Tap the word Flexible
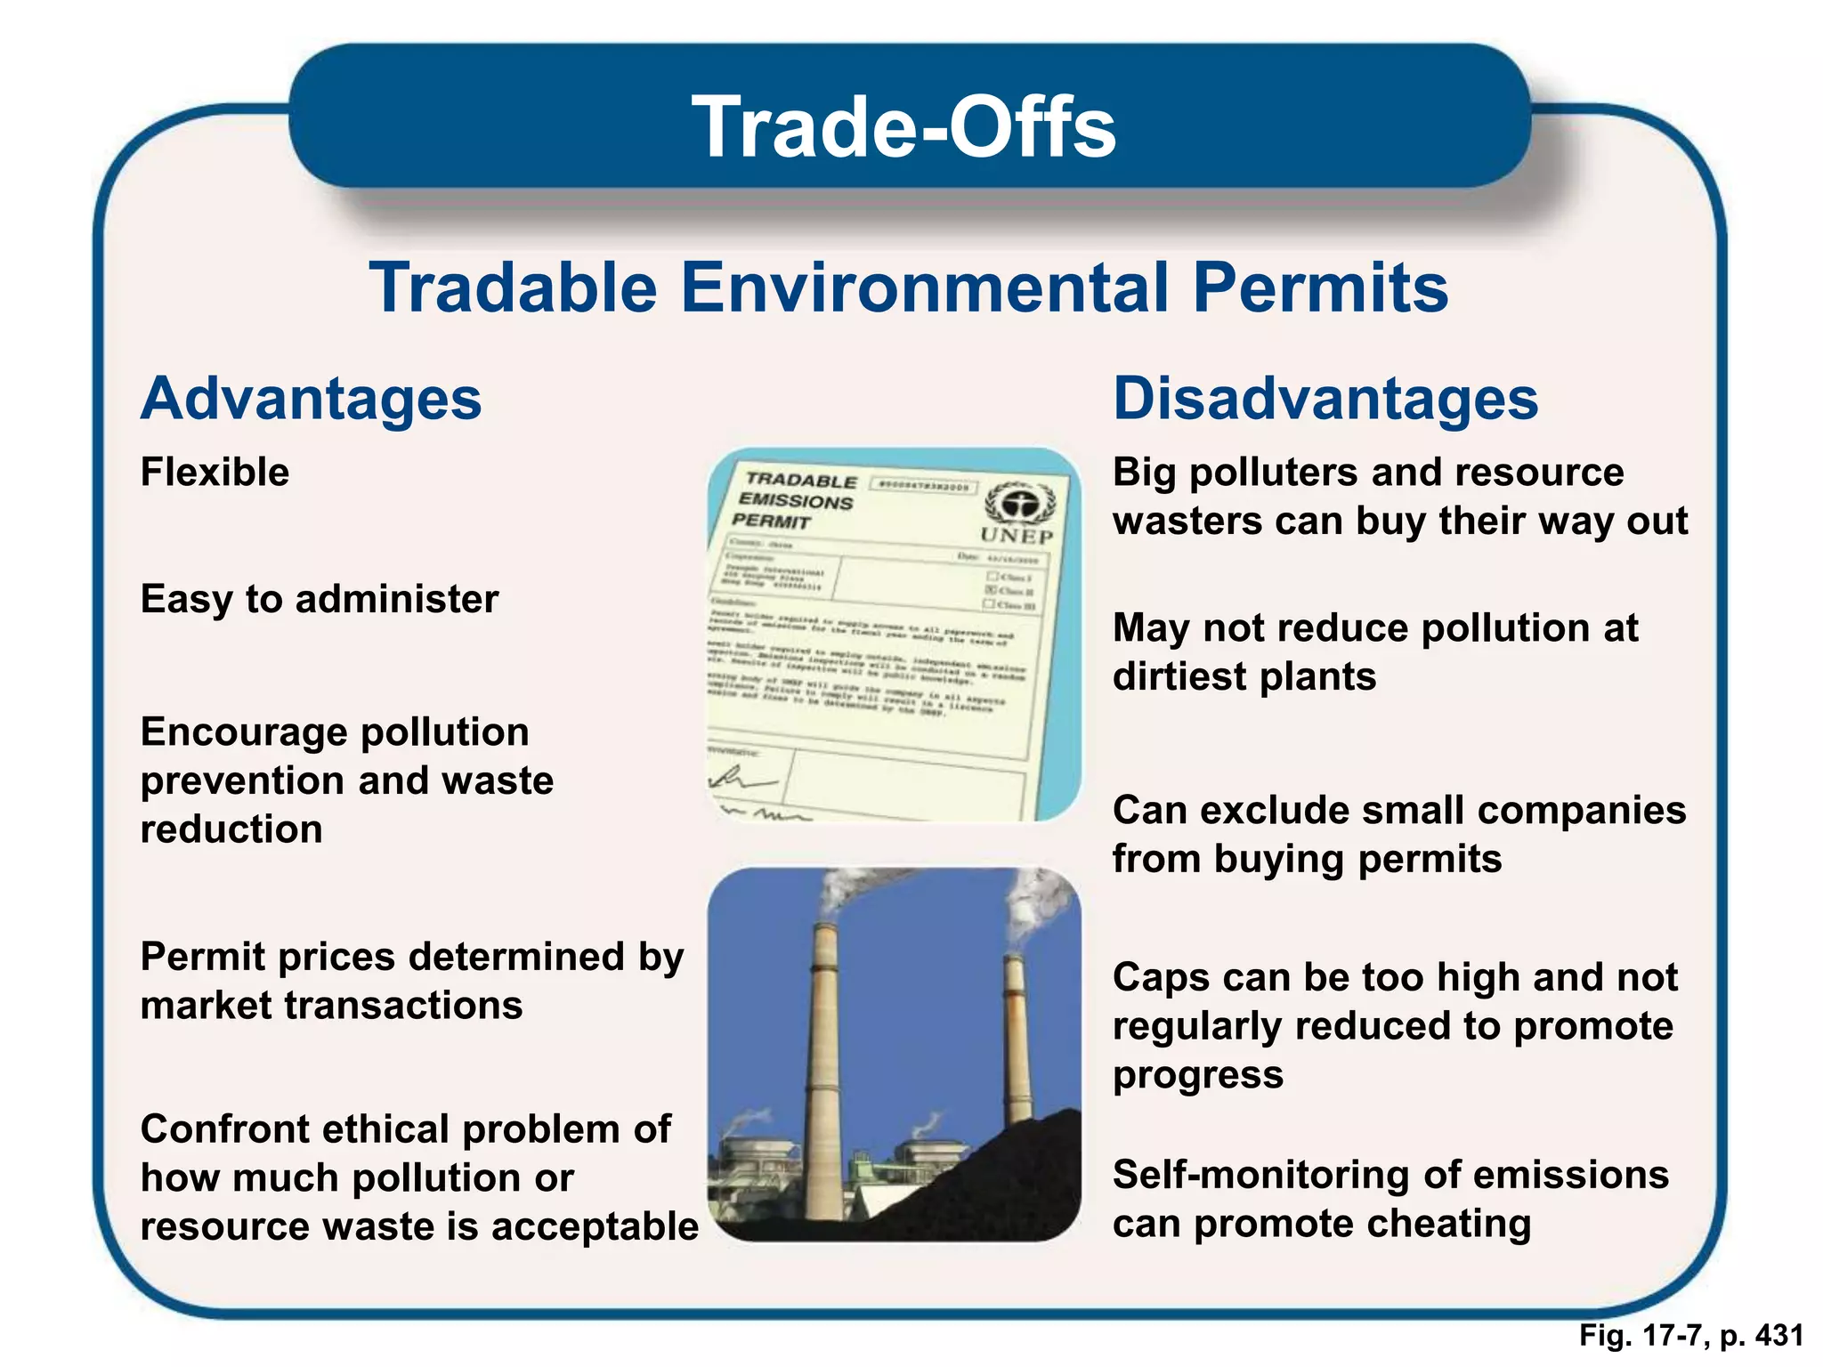tap(215, 472)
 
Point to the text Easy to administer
tap(320, 599)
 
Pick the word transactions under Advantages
tap(403, 1006)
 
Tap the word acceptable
tap(595, 1226)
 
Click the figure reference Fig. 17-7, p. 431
tap(1690, 1336)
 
